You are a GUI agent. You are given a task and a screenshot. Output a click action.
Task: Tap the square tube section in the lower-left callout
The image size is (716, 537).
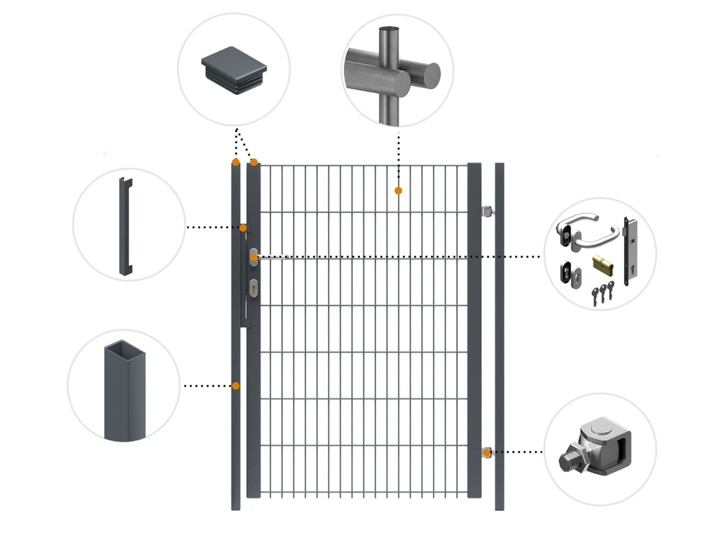[124, 389]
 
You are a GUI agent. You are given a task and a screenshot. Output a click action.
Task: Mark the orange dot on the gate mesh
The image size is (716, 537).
[399, 190]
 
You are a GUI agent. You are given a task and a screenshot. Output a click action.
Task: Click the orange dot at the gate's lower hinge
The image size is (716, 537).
[487, 453]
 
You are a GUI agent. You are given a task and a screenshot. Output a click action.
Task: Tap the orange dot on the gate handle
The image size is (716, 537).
[253, 257]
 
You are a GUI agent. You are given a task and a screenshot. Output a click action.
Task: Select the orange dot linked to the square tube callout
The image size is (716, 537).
[236, 386]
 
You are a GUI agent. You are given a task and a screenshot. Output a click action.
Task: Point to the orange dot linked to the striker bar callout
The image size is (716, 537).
[243, 228]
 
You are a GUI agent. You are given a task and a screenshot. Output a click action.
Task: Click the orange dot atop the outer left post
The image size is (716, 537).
[235, 162]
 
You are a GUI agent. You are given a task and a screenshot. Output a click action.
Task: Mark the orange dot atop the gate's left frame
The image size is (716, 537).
[254, 162]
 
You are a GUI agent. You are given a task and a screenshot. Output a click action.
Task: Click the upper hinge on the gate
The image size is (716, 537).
[487, 211]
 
